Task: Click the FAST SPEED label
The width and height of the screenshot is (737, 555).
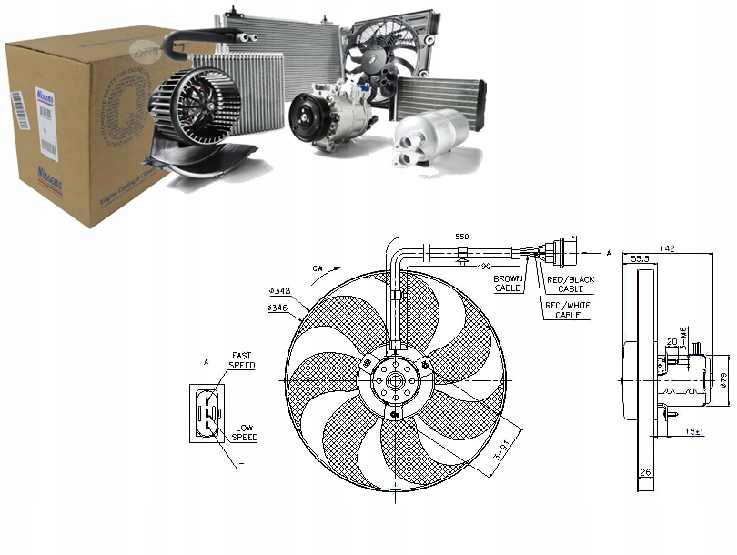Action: coord(242,360)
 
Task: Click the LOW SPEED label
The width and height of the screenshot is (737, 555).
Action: coord(245,432)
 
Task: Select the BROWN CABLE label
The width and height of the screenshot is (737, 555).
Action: coord(507,282)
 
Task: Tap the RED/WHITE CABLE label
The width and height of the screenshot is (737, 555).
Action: coord(567,309)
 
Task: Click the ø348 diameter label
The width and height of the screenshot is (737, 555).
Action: coord(278,291)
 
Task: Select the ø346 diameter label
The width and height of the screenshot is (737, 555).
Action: coord(278,308)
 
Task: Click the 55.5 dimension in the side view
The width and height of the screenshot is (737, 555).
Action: coord(640,259)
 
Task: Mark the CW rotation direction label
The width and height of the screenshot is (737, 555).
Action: coord(317,268)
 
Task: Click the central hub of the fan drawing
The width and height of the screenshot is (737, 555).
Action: coord(395,383)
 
